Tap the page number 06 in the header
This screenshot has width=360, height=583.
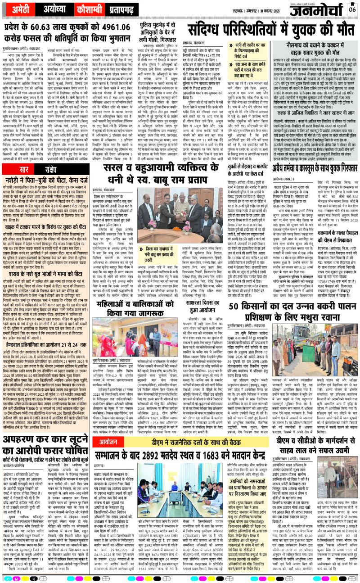click(x=353, y=9)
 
